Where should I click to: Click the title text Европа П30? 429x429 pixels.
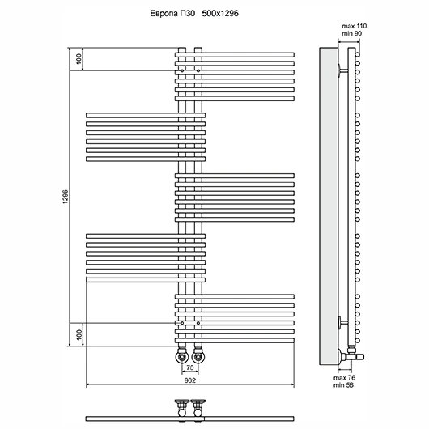coord(172,13)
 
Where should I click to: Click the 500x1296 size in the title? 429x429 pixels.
coord(220,13)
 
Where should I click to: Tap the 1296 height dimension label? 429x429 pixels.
coord(65,197)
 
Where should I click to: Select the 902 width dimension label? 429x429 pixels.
coord(190,380)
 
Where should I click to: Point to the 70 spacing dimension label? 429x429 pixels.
coord(190,367)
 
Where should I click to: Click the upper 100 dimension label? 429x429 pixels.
coord(79,59)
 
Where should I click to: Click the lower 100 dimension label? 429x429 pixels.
coord(79,334)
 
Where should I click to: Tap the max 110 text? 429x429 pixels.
coord(355,26)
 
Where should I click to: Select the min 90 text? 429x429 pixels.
coord(352,33)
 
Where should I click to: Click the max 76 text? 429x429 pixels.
coord(344,378)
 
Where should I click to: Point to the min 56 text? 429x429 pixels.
coord(343,385)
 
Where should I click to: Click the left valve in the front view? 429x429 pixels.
coord(182,355)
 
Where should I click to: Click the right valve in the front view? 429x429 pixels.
coord(198,355)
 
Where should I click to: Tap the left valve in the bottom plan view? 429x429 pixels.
coord(182,408)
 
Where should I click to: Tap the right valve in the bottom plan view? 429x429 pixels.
coord(198,408)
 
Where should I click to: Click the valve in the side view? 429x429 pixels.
coord(351,355)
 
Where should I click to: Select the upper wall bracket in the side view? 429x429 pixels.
coord(343,71)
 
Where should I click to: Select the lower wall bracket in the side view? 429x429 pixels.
coord(343,323)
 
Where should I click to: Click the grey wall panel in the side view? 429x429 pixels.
coord(329,206)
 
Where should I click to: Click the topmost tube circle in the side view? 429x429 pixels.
coord(357,55)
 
